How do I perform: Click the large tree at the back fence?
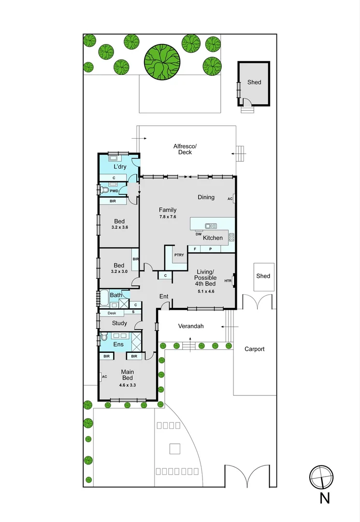(x=162, y=61)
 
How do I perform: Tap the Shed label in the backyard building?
(x=254, y=82)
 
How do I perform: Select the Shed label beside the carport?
(x=263, y=276)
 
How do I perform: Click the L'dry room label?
(x=119, y=167)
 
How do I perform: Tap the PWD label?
(x=114, y=190)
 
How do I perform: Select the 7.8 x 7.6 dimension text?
(x=168, y=217)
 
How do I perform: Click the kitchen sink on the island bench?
(x=211, y=226)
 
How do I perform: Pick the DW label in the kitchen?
(x=198, y=234)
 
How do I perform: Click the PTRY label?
(x=179, y=255)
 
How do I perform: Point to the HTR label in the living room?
(x=228, y=281)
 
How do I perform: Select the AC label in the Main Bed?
(x=104, y=377)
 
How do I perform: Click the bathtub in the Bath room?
(x=104, y=298)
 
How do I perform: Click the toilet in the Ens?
(x=104, y=337)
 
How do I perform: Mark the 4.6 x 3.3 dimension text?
(x=127, y=386)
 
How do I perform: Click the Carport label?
(x=255, y=349)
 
